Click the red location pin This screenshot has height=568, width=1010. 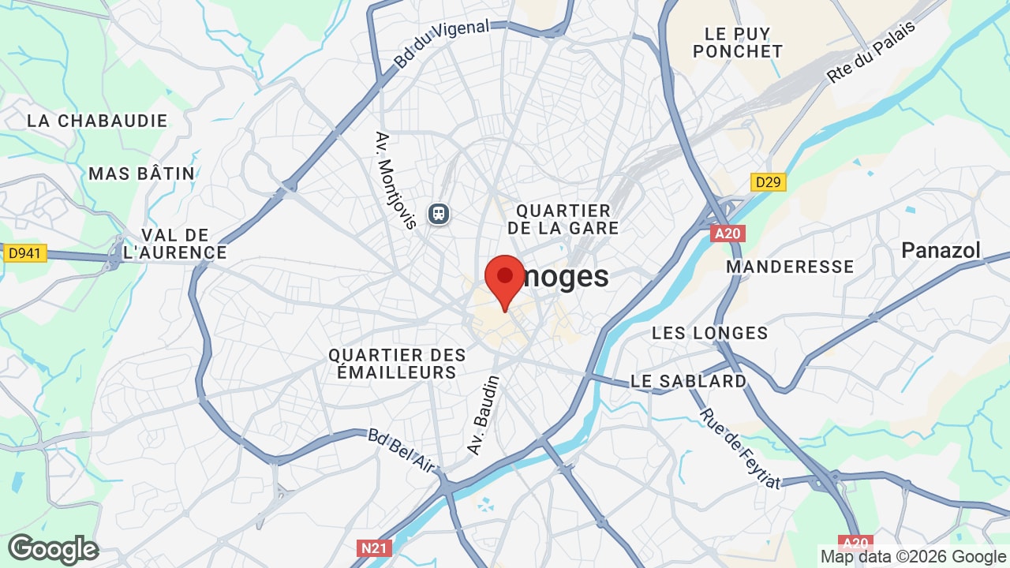[x=505, y=281]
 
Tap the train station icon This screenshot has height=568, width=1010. [x=439, y=213]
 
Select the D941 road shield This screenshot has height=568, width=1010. [x=25, y=253]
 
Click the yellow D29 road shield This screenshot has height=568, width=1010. [x=767, y=183]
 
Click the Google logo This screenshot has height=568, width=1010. [x=53, y=549]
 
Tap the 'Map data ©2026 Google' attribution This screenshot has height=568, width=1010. [x=914, y=556]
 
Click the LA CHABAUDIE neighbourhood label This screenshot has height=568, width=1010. [x=97, y=121]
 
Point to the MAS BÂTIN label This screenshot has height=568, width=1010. [x=141, y=174]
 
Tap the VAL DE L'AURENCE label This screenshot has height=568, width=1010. [x=175, y=244]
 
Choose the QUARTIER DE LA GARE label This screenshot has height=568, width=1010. [x=563, y=219]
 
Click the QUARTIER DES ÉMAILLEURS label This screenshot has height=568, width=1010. [x=398, y=364]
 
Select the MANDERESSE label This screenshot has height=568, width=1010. [x=790, y=267]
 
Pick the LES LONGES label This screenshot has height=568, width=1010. [x=709, y=333]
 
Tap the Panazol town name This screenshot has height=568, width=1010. [x=941, y=251]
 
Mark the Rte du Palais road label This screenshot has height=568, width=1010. [x=871, y=52]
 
